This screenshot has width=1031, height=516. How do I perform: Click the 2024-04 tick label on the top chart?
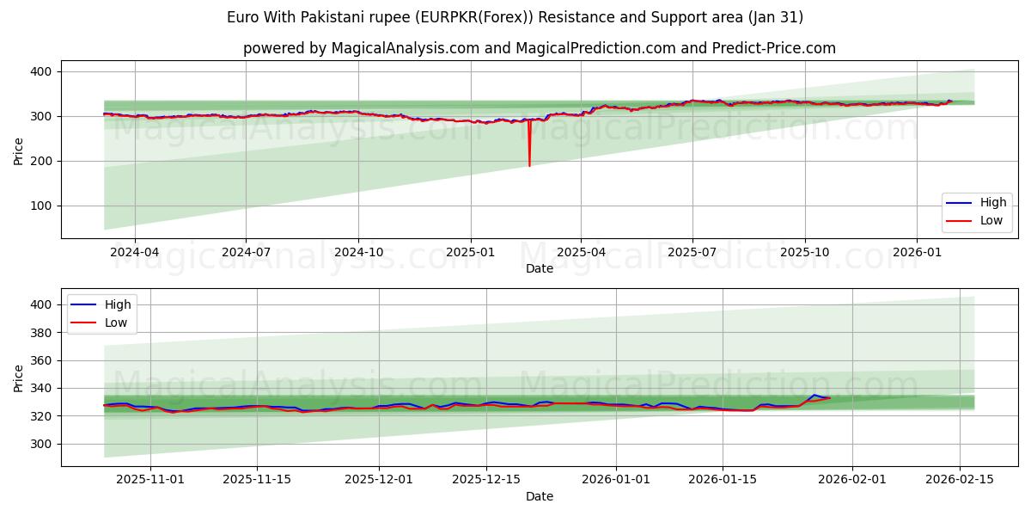tap(134, 253)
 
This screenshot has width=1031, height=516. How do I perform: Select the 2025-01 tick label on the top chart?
tap(470, 253)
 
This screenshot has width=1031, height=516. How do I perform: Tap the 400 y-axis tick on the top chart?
tap(41, 71)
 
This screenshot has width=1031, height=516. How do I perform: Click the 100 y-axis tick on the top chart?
tap(41, 206)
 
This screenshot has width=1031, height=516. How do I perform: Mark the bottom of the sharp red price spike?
tap(529, 165)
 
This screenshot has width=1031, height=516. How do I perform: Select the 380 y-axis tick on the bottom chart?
tap(41, 332)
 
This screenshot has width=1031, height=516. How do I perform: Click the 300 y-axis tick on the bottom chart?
tap(41, 444)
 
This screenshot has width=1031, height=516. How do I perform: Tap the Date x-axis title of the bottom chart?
tap(540, 496)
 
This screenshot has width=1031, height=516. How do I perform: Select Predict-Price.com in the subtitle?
tap(772, 48)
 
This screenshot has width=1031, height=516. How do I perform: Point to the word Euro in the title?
tap(241, 17)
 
